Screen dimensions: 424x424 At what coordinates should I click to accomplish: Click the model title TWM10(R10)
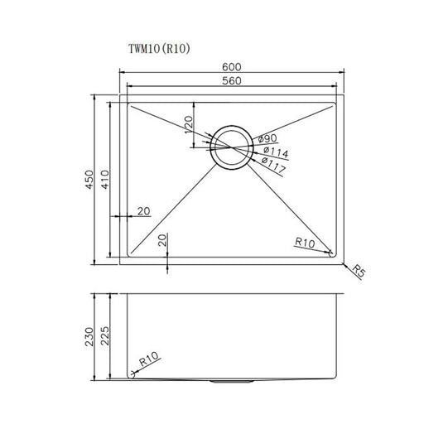coord(158,49)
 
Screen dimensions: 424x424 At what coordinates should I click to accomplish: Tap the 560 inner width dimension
coord(231,81)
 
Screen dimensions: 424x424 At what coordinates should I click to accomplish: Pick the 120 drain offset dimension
coord(189,126)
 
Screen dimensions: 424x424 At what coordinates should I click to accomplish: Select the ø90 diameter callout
coord(267,138)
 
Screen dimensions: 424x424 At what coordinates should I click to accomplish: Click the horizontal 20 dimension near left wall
coord(143,211)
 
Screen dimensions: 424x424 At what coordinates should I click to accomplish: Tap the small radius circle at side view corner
coord(130,374)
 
